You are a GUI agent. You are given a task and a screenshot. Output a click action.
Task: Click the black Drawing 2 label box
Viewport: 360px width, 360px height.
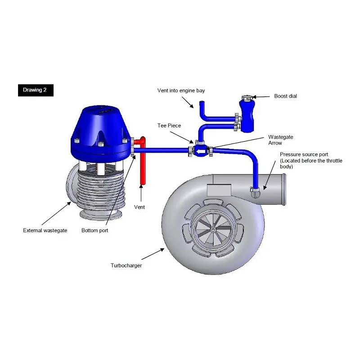[x=36, y=90]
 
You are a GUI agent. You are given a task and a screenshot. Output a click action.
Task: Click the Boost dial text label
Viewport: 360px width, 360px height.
[x=285, y=96]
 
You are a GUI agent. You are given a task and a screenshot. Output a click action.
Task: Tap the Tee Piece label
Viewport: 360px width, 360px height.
[x=169, y=126]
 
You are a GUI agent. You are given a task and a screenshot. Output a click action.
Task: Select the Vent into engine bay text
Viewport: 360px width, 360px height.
[x=181, y=90]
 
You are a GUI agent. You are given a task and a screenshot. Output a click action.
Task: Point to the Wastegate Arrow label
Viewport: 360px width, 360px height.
[x=275, y=139]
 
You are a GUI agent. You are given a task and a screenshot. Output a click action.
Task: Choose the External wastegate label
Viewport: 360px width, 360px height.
[x=45, y=230]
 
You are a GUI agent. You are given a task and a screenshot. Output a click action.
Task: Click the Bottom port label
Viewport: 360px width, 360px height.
[x=94, y=230]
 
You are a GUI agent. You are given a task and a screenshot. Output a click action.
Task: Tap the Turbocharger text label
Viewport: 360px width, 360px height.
[x=126, y=265]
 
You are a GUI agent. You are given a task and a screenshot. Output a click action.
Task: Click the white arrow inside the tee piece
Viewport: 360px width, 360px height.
[x=199, y=152]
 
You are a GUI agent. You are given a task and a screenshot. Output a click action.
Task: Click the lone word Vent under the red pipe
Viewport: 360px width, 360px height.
[x=139, y=207]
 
